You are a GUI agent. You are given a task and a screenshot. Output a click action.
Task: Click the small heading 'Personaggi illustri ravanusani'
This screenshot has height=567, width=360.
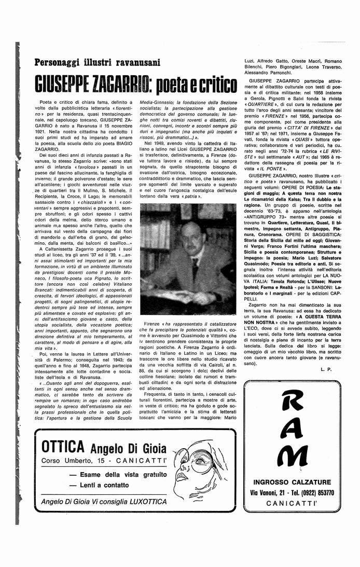[97, 63]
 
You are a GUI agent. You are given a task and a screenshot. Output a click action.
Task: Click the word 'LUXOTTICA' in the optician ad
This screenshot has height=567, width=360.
[143, 502]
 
